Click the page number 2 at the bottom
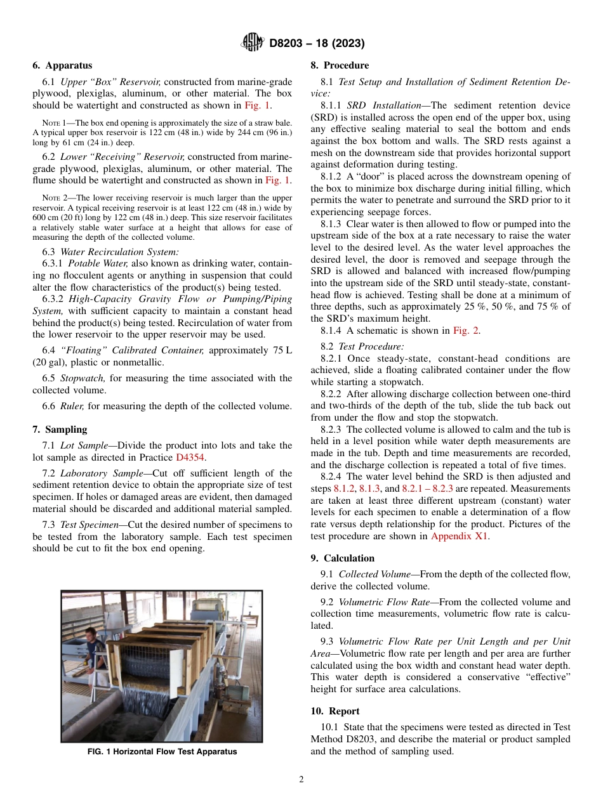coord(301,780)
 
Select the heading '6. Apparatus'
coord(62,65)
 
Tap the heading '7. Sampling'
coord(60,430)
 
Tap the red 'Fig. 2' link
coord(466,331)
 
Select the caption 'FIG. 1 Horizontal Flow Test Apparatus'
coord(162,752)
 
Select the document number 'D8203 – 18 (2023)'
coord(316,43)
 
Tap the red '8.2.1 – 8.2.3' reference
coord(427,489)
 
